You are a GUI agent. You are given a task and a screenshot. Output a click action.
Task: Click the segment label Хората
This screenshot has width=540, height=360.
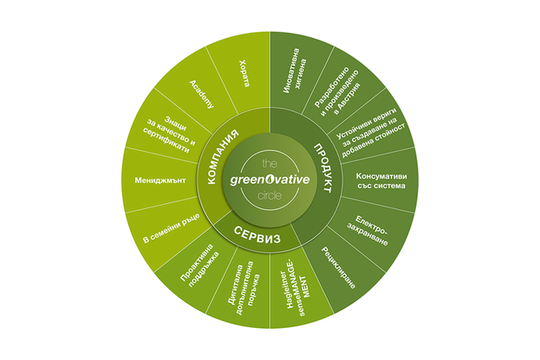(x=244, y=73)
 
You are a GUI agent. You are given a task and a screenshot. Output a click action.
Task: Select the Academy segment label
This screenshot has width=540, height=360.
(x=202, y=94)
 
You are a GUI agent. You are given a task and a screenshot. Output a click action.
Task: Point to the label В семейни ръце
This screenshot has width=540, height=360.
(x=171, y=228)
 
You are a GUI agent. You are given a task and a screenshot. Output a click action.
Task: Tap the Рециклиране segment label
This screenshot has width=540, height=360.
(x=338, y=268)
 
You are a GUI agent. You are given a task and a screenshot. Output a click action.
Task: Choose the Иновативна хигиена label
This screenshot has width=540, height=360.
(x=294, y=71)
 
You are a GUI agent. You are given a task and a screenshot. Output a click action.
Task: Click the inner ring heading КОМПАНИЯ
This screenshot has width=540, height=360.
(x=223, y=157)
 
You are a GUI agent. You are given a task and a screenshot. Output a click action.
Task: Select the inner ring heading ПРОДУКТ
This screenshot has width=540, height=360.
(x=323, y=169)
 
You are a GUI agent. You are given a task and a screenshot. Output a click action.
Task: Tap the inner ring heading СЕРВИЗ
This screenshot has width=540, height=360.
(x=257, y=234)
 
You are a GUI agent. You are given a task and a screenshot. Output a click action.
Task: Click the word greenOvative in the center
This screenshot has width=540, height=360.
(x=270, y=180)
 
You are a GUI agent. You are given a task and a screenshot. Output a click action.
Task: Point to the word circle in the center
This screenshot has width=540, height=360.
(x=270, y=196)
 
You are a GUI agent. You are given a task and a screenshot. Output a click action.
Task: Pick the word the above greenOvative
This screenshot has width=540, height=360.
(x=270, y=163)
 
